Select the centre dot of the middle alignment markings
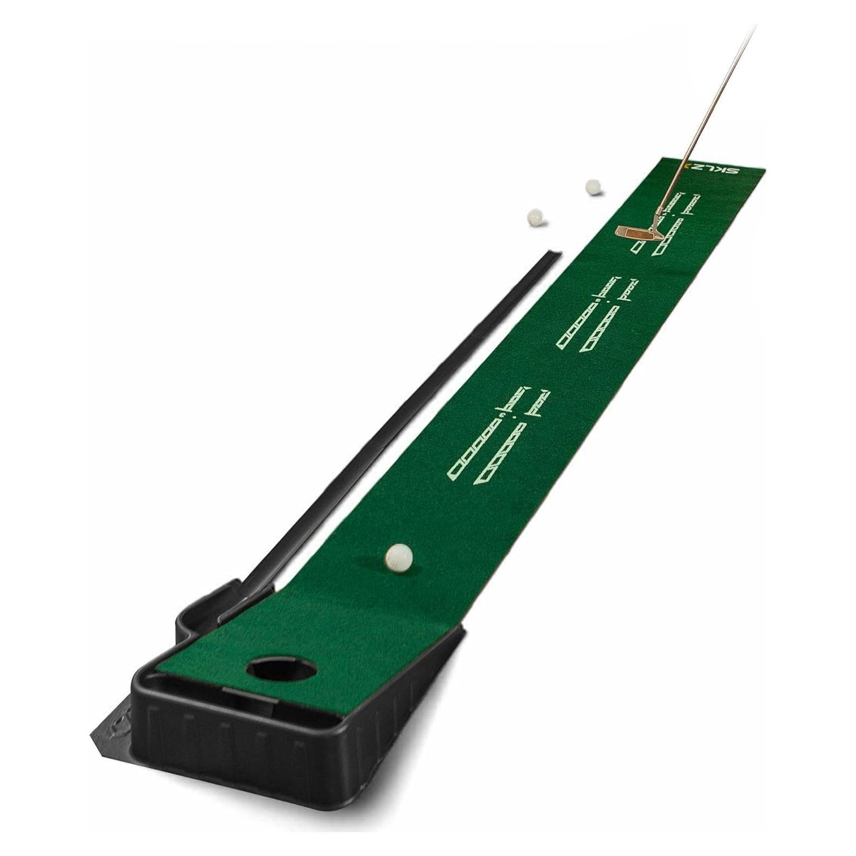pyautogui.click(x=609, y=300)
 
